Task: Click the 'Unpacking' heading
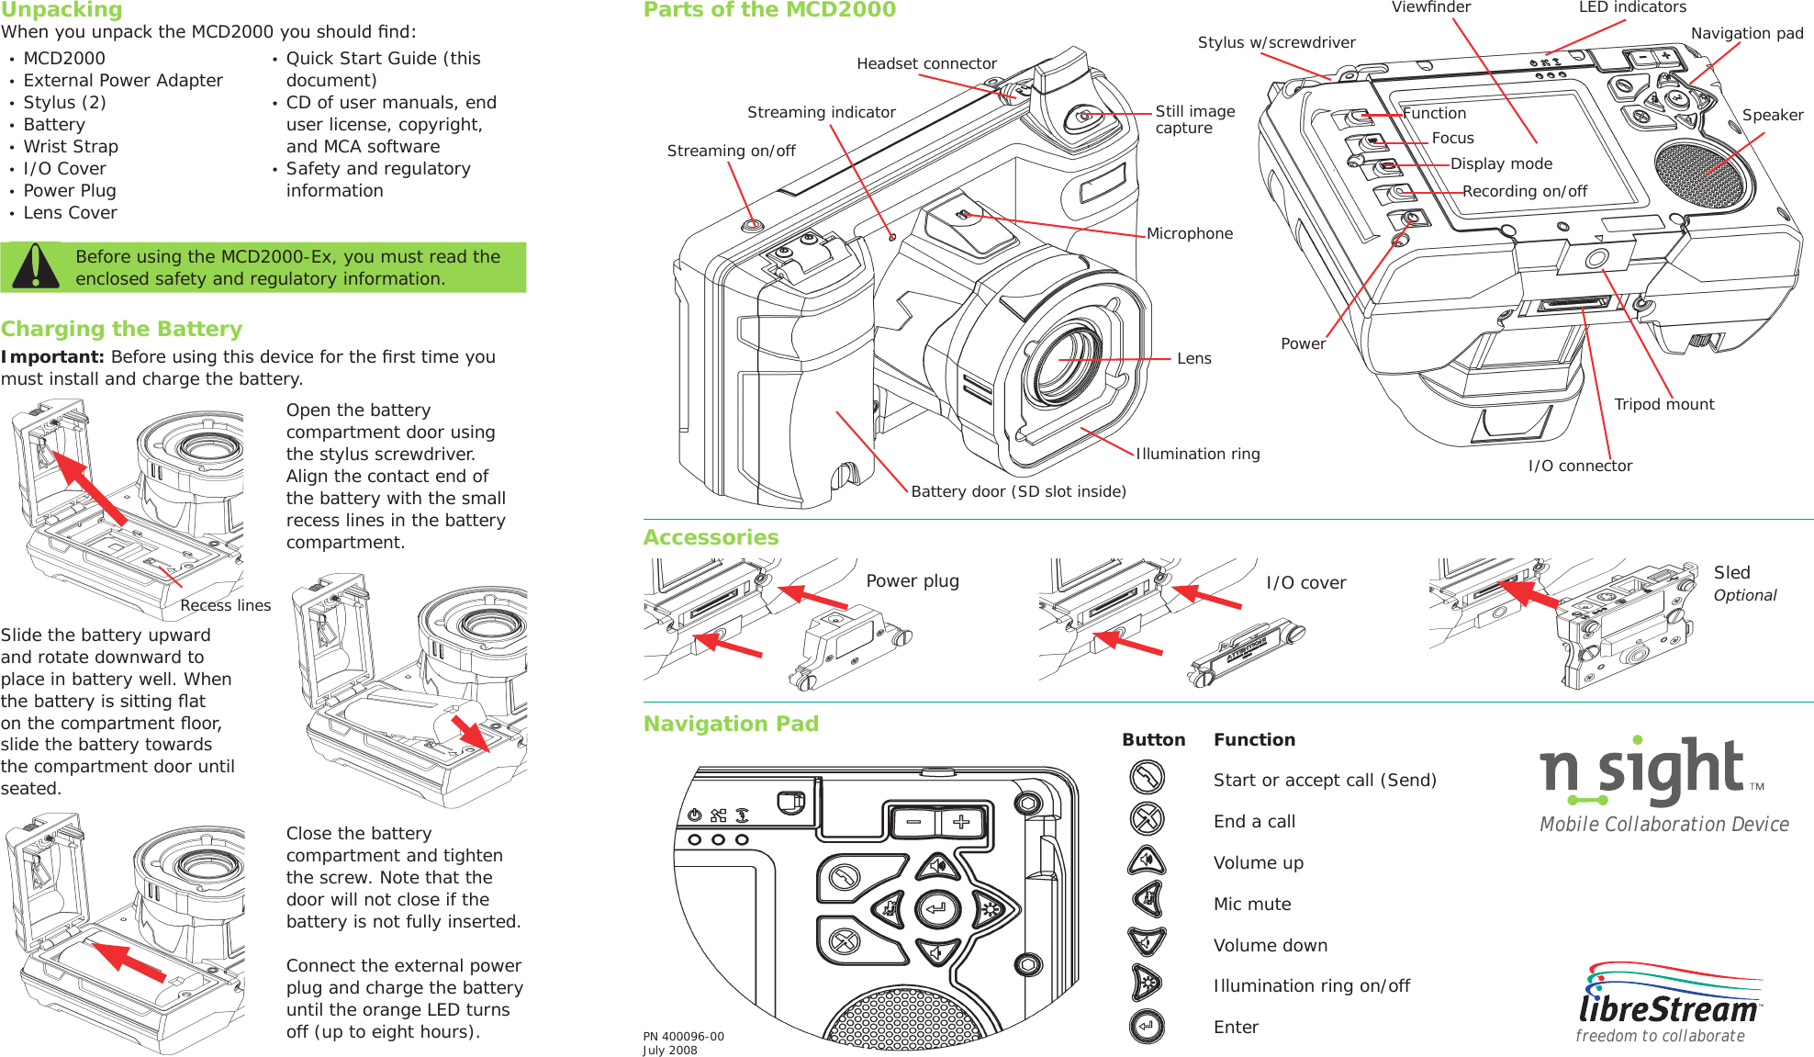(62, 10)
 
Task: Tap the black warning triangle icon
(34, 267)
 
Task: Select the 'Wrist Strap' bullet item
(71, 147)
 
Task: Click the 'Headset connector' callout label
(926, 63)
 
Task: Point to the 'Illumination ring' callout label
(1197, 454)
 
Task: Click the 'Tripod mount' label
(1663, 404)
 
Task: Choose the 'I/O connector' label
(1580, 466)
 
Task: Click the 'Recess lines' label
(225, 605)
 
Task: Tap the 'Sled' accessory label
(1731, 572)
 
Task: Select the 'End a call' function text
(1254, 821)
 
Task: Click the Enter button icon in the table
(1147, 1026)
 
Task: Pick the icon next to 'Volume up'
(1147, 861)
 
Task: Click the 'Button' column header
(1153, 739)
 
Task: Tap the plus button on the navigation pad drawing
(960, 822)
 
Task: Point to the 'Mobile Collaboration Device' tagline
(1663, 824)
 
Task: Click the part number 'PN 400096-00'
(683, 1036)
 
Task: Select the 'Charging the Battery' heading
(121, 329)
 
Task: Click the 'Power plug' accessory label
(912, 580)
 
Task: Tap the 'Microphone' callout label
(1189, 233)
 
